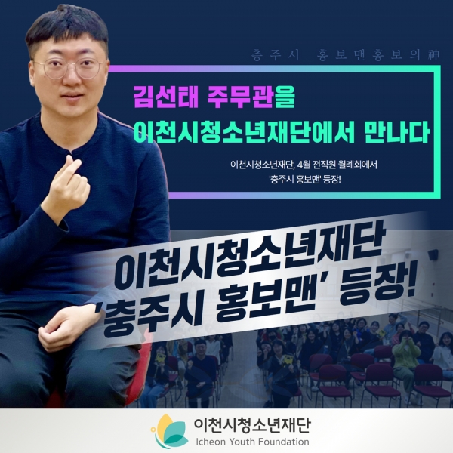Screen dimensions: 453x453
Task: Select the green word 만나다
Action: point(396,133)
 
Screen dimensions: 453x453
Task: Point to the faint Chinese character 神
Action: point(434,55)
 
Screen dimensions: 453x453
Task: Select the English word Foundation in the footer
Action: point(284,442)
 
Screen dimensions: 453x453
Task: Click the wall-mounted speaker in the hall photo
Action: point(433,255)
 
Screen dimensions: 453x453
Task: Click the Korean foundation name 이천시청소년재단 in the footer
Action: point(252,424)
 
